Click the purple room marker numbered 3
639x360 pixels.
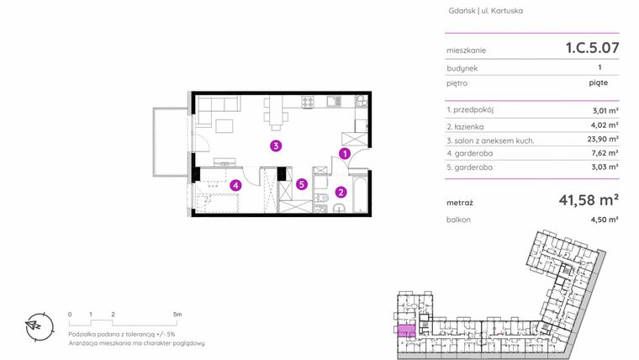[x=276, y=146]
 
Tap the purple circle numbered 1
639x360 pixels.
[x=345, y=154]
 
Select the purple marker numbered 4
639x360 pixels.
[x=235, y=186]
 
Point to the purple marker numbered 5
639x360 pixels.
[x=302, y=184]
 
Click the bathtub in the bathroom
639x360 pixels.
[x=360, y=194]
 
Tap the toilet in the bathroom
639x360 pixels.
[x=322, y=199]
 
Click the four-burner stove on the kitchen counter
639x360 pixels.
[x=308, y=101]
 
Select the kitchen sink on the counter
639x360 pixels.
[x=333, y=101]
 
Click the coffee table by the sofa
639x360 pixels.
[x=224, y=126]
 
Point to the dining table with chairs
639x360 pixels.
[x=276, y=109]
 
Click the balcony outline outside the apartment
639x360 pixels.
[x=153, y=142]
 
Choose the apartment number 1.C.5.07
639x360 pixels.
[x=592, y=48]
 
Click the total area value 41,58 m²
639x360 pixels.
[x=589, y=200]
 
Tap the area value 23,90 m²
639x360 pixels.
[x=603, y=139]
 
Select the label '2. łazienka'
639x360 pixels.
[x=465, y=126]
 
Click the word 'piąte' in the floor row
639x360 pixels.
[x=599, y=82]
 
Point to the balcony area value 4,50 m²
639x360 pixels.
[x=605, y=220]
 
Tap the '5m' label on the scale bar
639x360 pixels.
[x=177, y=315]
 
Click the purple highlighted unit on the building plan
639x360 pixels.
[x=406, y=331]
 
